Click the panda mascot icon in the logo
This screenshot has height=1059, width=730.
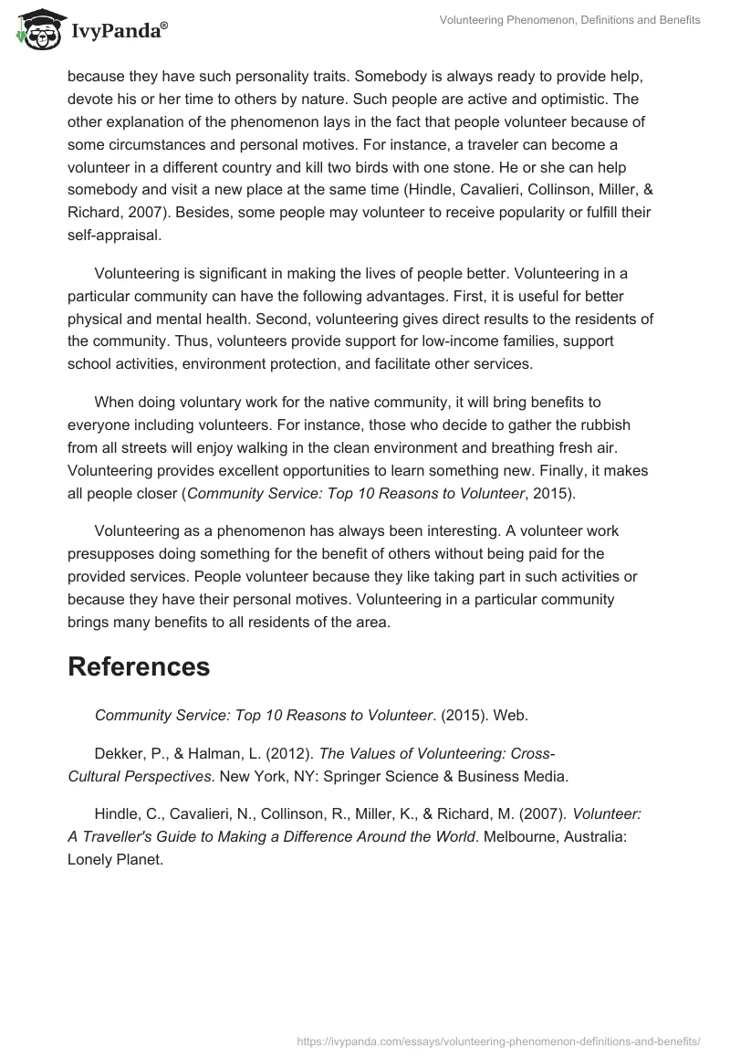(36, 31)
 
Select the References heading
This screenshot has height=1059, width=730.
(139, 666)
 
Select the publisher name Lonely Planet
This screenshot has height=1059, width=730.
(115, 859)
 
